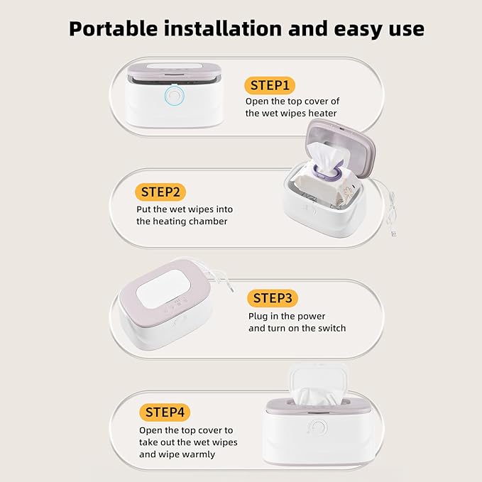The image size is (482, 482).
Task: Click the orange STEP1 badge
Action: click(x=268, y=86)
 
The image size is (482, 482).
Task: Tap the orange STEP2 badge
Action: click(x=163, y=192)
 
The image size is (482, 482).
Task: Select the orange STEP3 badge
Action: click(x=273, y=298)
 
